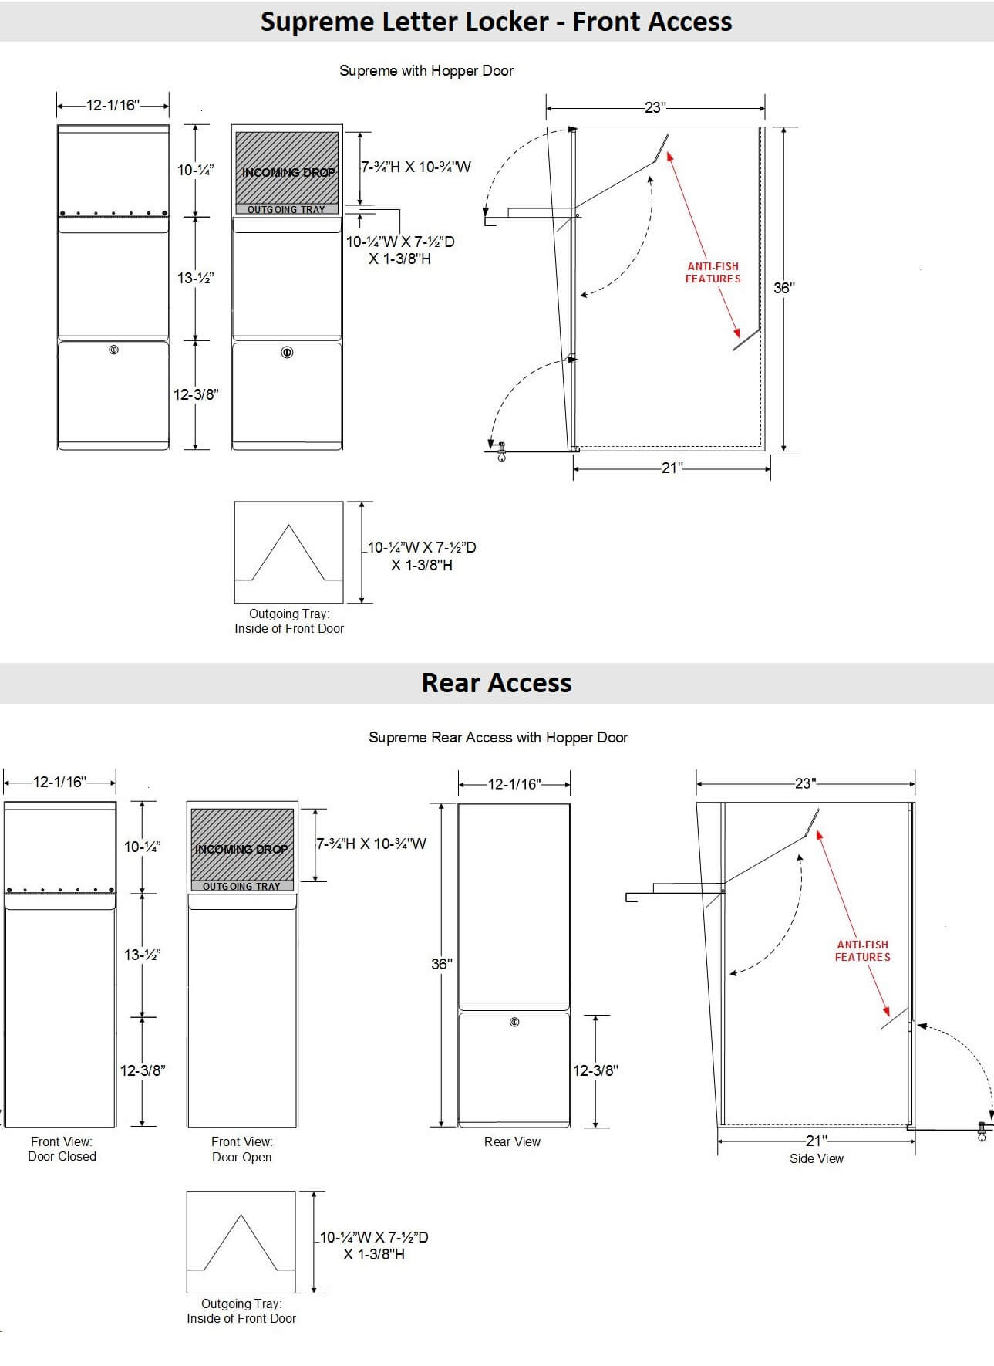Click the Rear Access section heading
click(x=497, y=683)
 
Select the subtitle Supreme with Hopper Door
click(x=426, y=70)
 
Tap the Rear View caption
click(x=512, y=1141)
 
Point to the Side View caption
click(x=817, y=1158)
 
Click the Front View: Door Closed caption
click(x=62, y=1149)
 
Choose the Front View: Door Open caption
click(x=241, y=1149)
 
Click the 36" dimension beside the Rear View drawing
click(x=441, y=964)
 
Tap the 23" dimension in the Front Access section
click(x=655, y=107)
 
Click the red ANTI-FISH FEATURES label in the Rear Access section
click(x=863, y=951)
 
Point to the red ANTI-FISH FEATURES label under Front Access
click(x=713, y=272)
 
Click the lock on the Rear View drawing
click(x=514, y=1023)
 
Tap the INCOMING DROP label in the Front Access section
click(x=288, y=172)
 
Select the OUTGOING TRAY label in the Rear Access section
click(x=241, y=886)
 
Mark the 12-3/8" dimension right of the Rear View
click(x=595, y=1070)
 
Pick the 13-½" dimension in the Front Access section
click(x=195, y=278)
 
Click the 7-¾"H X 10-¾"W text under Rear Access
click(x=372, y=844)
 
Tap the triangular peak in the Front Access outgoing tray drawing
click(x=289, y=526)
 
